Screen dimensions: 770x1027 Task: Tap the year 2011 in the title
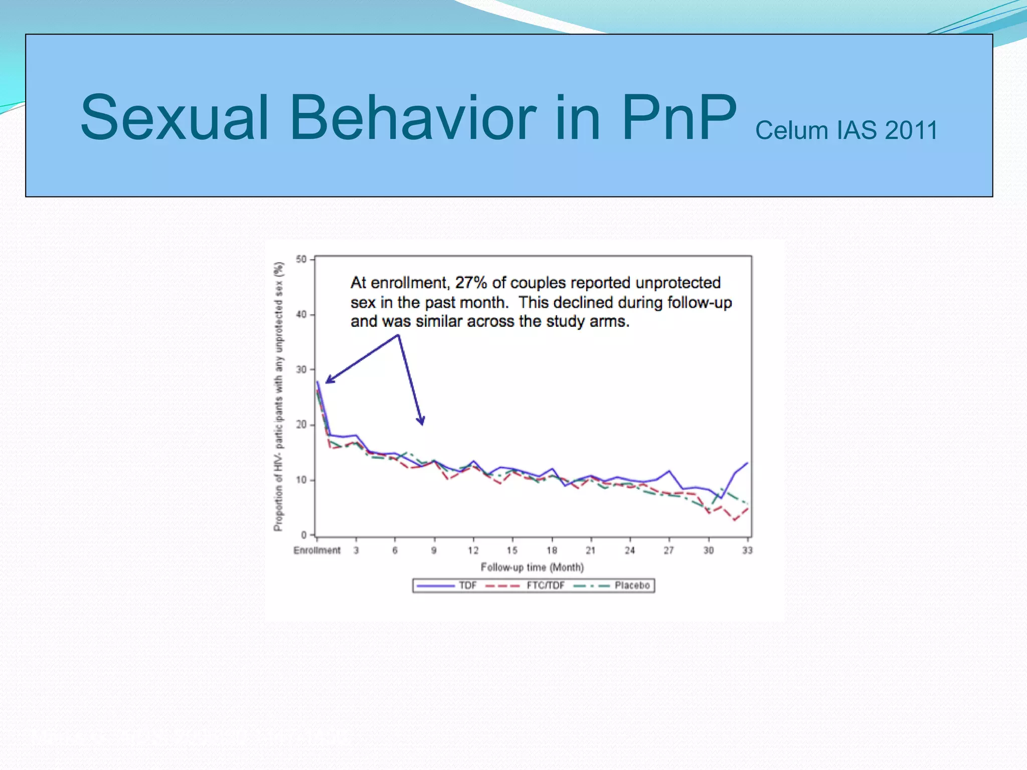(x=911, y=130)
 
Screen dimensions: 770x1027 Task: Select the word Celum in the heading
(x=791, y=130)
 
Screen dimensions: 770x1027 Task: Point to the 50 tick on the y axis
(x=301, y=259)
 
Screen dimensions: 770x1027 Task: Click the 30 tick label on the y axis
(x=301, y=369)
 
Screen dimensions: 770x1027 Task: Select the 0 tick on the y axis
(x=303, y=535)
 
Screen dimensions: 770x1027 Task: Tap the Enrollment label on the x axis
(x=317, y=550)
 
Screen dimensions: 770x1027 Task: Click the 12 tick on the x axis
(x=473, y=550)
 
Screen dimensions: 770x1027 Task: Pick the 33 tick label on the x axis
(x=747, y=550)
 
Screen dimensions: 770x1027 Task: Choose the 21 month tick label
(x=591, y=550)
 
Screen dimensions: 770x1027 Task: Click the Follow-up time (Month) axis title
(x=532, y=567)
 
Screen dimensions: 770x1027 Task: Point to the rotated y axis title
(x=278, y=396)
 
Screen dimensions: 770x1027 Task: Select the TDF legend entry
(x=467, y=586)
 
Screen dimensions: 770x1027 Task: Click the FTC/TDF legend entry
(x=545, y=586)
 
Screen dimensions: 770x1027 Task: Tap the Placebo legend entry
(x=632, y=586)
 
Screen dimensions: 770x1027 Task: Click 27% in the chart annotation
(x=471, y=283)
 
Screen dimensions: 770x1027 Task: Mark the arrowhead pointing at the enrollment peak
(x=328, y=381)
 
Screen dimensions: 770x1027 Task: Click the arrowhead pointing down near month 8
(x=422, y=422)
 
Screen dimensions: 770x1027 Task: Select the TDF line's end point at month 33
(x=748, y=463)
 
